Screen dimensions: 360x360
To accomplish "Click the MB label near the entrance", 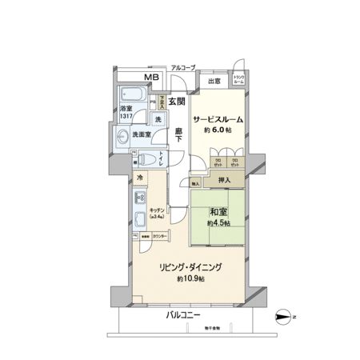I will pos(151,77).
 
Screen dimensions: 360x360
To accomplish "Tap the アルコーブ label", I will pos(184,67).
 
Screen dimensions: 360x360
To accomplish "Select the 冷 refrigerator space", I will pos(139,178).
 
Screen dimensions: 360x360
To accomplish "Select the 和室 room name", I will pos(218,212).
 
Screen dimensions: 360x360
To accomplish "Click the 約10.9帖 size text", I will pos(189,279).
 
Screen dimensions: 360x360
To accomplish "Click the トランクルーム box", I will pos(238,79).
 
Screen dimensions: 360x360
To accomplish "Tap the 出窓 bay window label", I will pos(214,81).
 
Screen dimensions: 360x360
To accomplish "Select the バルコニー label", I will pos(183,314).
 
